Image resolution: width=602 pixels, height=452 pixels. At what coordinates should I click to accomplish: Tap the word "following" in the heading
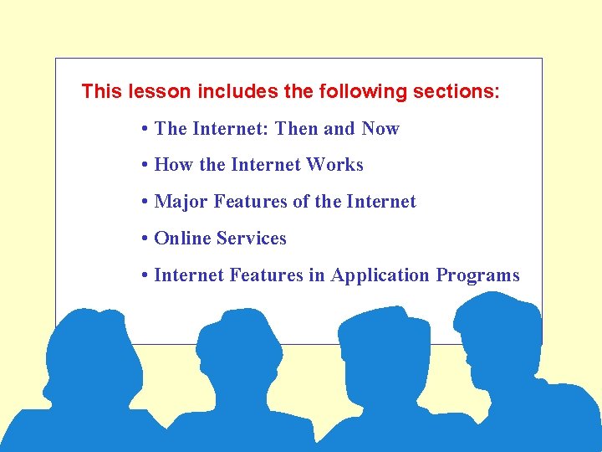363,91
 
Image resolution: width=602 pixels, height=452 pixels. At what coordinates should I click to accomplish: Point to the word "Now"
380,129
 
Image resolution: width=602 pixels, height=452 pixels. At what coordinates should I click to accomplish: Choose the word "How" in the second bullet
174,165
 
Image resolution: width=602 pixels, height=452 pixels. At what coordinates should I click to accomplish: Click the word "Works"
334,165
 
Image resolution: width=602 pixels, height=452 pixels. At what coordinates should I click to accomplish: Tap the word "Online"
182,239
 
